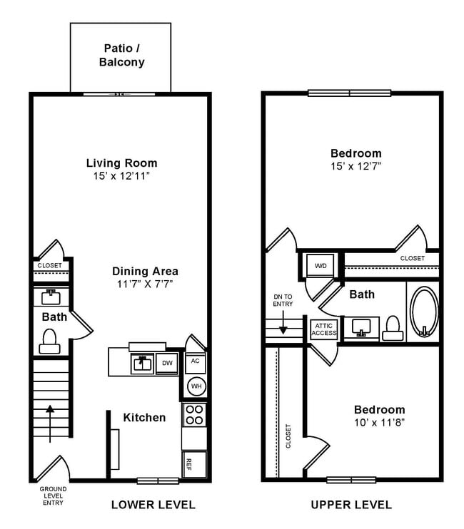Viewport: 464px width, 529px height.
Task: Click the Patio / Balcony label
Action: click(121, 56)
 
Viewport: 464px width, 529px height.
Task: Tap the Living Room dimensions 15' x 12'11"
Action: click(121, 176)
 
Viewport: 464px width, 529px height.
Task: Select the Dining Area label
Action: click(145, 271)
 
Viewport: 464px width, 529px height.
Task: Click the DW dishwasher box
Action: click(166, 363)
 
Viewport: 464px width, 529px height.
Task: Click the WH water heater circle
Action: click(196, 386)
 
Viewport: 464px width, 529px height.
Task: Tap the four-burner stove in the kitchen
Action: click(194, 415)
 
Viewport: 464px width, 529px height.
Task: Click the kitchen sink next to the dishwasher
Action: click(141, 364)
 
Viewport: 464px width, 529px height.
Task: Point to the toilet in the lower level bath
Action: click(50, 341)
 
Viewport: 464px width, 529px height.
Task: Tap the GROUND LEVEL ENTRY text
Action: click(52, 495)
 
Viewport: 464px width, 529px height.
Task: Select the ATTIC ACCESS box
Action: click(323, 329)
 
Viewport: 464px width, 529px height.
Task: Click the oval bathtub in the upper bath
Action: click(424, 311)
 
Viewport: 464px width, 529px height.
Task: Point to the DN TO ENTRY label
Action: click(283, 300)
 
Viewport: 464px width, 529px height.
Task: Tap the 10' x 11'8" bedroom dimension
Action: click(379, 422)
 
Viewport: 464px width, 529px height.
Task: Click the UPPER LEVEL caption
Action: click(350, 505)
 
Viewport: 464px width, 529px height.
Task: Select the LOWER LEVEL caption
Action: click(153, 505)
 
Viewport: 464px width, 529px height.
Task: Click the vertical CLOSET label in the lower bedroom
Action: click(289, 436)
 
